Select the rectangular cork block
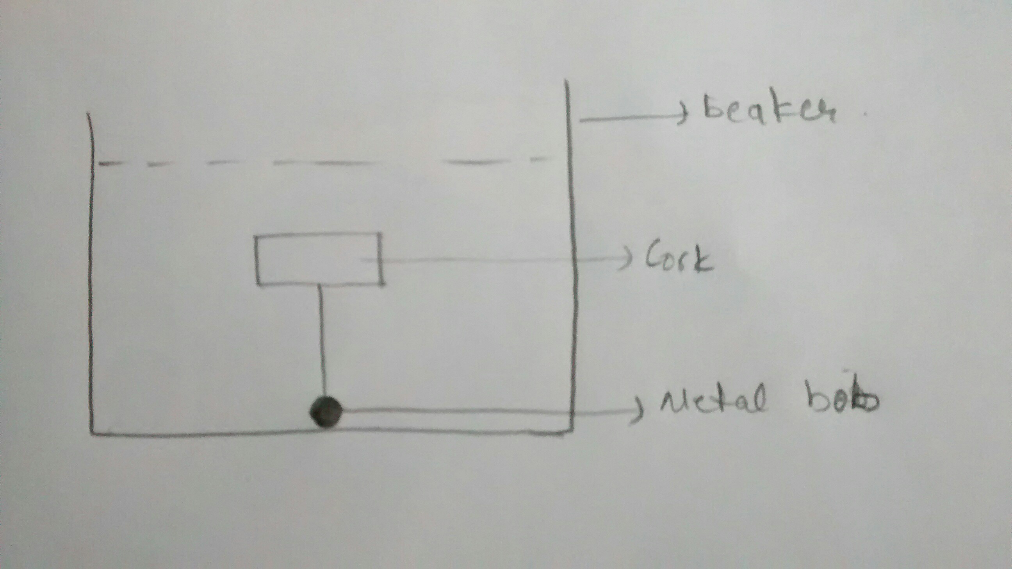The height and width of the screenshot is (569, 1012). point(318,259)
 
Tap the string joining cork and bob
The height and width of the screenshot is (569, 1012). point(322,342)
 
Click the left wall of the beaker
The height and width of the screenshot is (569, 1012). point(93,275)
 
